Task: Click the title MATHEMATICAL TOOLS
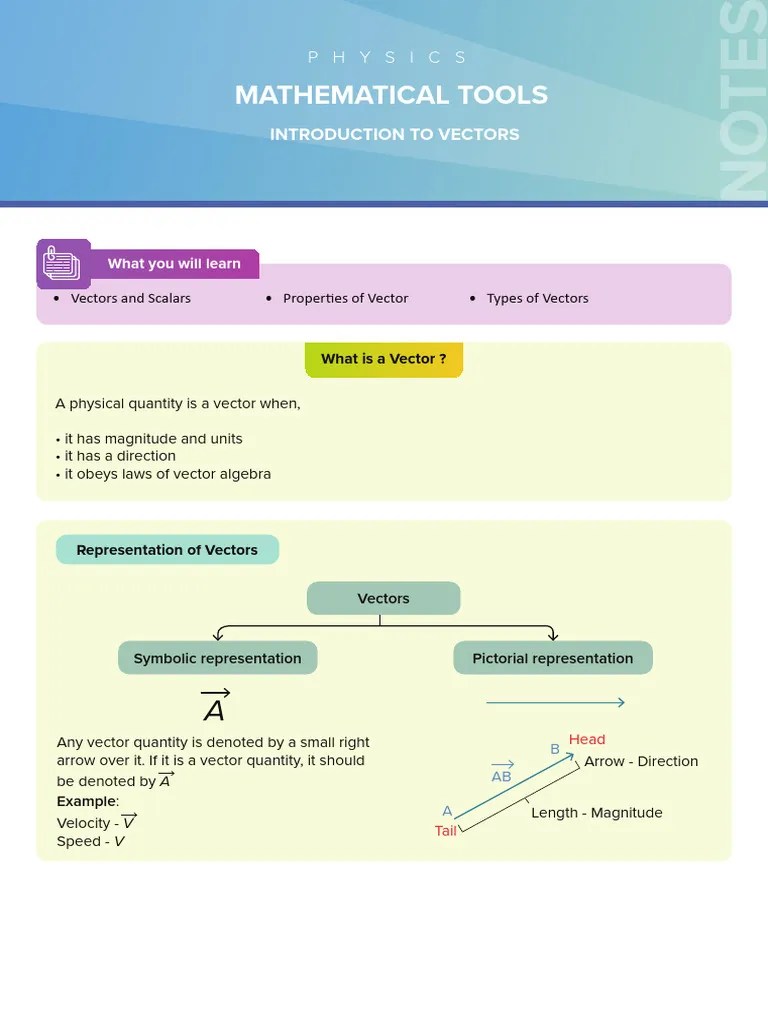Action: point(391,95)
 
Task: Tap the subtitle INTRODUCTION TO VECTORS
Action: point(394,134)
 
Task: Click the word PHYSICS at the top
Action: point(387,58)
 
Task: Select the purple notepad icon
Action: point(62,265)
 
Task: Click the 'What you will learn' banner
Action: point(174,264)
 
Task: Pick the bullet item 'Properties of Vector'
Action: point(345,298)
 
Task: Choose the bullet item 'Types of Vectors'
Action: point(537,298)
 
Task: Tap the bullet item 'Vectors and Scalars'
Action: point(130,298)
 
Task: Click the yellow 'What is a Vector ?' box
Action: point(383,359)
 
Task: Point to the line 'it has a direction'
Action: point(120,456)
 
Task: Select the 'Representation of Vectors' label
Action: point(167,550)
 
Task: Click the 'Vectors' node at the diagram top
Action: point(383,598)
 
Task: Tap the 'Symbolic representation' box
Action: point(217,658)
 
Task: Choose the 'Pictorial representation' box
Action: point(552,658)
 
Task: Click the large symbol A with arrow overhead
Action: point(215,706)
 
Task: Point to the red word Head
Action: point(587,739)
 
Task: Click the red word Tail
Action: point(446,831)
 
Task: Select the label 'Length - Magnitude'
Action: point(596,813)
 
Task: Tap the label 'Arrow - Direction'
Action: point(641,761)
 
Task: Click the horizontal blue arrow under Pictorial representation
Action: point(555,703)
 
